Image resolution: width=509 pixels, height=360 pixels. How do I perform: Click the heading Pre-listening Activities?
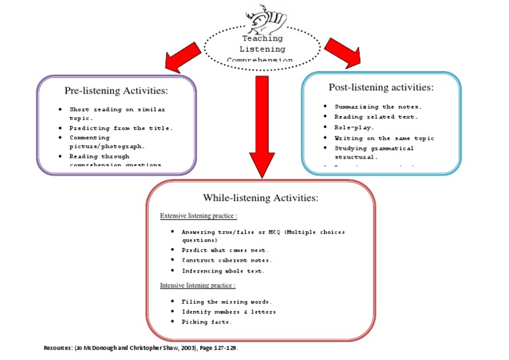[x=116, y=90]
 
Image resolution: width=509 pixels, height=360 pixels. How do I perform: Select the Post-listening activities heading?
[x=381, y=88]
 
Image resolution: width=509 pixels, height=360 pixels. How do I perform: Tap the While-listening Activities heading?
[x=260, y=198]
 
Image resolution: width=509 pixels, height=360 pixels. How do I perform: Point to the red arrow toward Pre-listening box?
[x=183, y=57]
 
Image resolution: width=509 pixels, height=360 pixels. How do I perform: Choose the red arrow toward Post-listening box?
[x=343, y=52]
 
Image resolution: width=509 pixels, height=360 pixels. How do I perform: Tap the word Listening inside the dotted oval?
[x=262, y=49]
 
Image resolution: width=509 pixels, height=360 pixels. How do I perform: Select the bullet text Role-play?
[x=355, y=127]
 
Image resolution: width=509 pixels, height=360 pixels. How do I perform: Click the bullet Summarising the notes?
[x=378, y=107]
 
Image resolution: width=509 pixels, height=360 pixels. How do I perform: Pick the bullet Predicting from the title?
[x=121, y=128]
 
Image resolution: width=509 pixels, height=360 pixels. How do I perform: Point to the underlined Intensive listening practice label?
[x=198, y=286]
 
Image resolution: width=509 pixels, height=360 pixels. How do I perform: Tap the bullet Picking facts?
[x=207, y=322]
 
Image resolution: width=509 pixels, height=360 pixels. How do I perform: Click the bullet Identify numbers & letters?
[x=229, y=312]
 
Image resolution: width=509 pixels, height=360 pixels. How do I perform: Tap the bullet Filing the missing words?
[x=227, y=302]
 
